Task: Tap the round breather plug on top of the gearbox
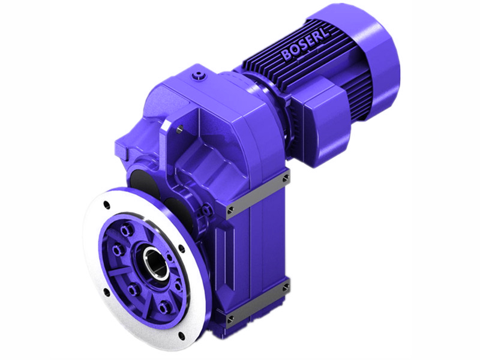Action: click(x=198, y=76)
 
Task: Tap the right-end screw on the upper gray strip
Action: click(x=285, y=178)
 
